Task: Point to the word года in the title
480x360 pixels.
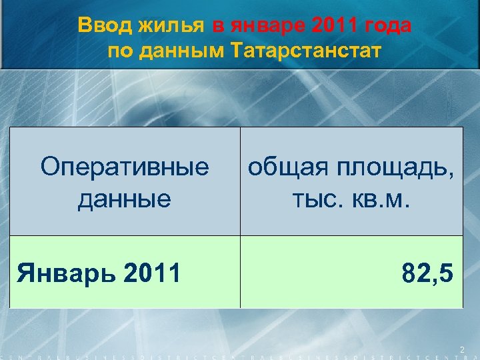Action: click(x=388, y=27)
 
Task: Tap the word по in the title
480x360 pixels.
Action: click(x=120, y=51)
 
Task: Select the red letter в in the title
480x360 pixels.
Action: click(x=218, y=27)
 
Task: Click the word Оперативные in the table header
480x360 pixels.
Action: click(x=124, y=167)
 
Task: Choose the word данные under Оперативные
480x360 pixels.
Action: click(x=124, y=198)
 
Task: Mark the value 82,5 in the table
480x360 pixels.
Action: click(x=427, y=273)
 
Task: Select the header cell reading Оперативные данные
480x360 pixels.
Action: click(x=124, y=181)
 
